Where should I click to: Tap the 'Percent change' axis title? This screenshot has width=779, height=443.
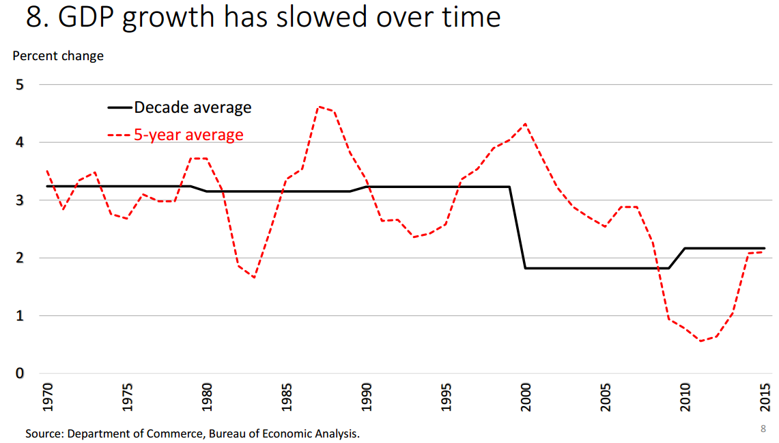[x=58, y=56]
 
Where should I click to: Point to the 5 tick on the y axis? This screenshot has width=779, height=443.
[x=20, y=85]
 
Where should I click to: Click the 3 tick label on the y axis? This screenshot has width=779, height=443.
[x=20, y=200]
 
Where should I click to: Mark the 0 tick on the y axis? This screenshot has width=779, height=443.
[x=20, y=373]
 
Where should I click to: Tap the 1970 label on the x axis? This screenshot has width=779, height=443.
[x=47, y=397]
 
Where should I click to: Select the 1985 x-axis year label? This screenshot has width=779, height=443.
[x=286, y=397]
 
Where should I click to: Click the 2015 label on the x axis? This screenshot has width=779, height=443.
[x=764, y=397]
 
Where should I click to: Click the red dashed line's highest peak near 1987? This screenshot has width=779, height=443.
[x=318, y=107]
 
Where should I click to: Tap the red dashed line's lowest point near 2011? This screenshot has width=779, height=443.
[x=700, y=340]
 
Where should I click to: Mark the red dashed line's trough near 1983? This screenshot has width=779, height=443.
[x=255, y=278]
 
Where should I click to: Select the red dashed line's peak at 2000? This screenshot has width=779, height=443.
[x=525, y=124]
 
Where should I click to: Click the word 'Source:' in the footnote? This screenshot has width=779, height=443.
[x=44, y=433]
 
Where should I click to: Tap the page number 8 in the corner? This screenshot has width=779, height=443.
[x=763, y=429]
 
